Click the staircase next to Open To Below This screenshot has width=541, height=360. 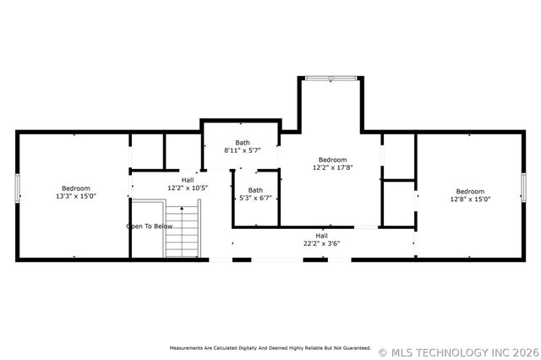[181, 229]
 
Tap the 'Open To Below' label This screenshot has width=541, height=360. [150, 226]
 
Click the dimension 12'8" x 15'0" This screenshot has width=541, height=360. [470, 199]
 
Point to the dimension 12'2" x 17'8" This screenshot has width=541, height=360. [332, 167]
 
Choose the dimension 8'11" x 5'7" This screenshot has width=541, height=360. [243, 150]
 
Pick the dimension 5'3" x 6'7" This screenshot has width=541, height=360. [255, 198]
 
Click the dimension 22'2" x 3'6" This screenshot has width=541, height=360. [322, 243]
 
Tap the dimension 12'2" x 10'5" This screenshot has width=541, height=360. [187, 188]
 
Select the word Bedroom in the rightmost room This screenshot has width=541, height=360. [470, 191]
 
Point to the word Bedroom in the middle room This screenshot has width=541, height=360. [332, 160]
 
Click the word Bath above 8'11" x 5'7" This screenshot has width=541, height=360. [243, 143]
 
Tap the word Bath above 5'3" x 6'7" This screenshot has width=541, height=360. [255, 190]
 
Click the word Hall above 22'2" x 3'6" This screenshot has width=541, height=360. [322, 235]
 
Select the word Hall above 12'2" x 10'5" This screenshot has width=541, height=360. [187, 180]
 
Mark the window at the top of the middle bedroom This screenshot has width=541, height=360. [331, 79]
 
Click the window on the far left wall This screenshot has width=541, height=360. [18, 188]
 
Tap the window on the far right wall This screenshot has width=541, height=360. [523, 188]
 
